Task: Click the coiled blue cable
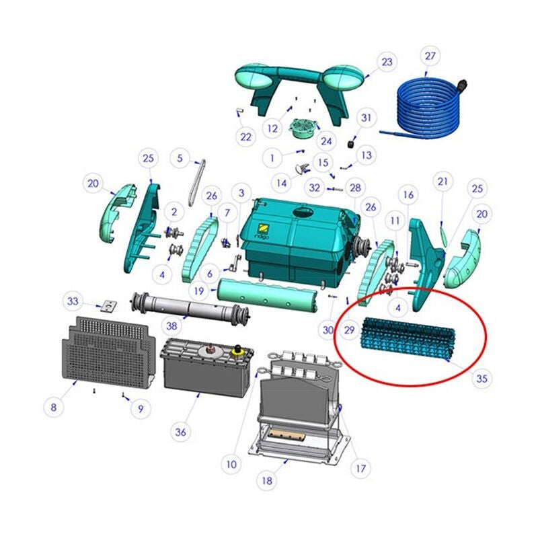point(429,110)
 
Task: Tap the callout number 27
point(430,56)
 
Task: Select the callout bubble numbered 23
point(387,62)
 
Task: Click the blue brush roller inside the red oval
point(408,338)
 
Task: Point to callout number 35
point(482,379)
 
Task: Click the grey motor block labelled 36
point(208,367)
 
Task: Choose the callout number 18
point(267,481)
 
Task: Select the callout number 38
point(171,325)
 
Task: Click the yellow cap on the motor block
point(237,350)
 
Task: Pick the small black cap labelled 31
point(350,144)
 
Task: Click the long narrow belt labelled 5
point(197,183)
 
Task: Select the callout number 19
point(199,291)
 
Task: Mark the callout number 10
point(231,465)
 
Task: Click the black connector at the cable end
point(462,85)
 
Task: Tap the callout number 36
point(180,432)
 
